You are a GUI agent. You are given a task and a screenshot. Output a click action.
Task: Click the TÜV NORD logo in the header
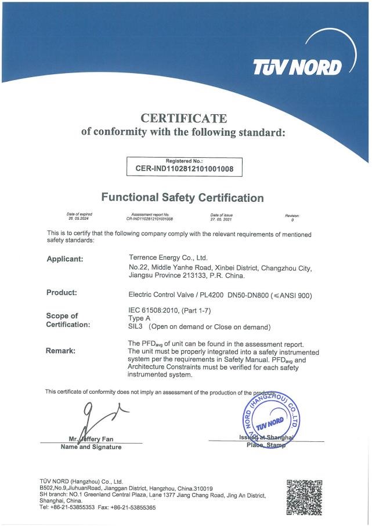coord(298,68)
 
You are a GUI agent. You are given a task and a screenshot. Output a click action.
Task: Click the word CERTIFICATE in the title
coord(184,119)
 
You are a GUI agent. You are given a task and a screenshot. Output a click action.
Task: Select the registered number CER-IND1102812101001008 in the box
coord(185,169)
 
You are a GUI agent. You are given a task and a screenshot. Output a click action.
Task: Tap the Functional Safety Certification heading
coord(182,198)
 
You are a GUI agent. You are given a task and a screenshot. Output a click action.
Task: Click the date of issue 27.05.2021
coord(221,219)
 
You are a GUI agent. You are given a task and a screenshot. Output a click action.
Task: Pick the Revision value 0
coord(292,220)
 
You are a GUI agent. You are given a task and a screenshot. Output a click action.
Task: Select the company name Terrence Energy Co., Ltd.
coord(167,257)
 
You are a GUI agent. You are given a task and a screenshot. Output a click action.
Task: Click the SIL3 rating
coord(135,327)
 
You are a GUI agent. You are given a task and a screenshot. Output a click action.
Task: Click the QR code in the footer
coord(305,497)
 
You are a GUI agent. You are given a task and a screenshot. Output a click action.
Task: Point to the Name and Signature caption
coord(91,447)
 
